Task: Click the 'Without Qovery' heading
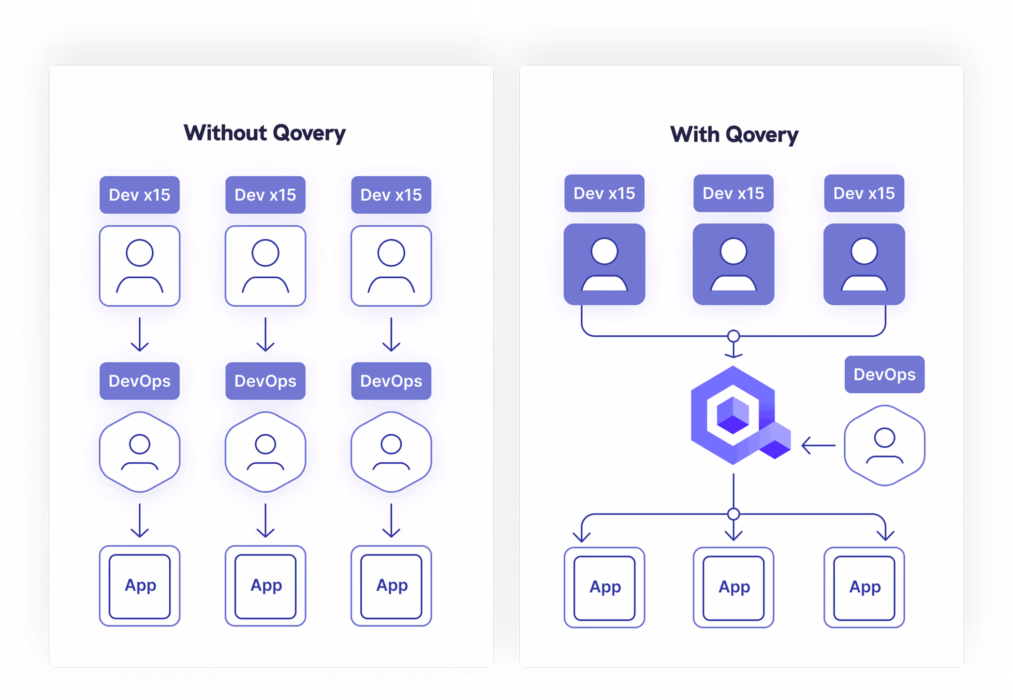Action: pos(264,133)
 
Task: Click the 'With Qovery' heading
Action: pos(734,135)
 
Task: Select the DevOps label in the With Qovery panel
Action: pos(884,374)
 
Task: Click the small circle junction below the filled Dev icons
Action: pos(733,336)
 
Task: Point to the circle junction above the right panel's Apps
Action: pos(733,514)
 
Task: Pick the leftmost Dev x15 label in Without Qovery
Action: pos(139,195)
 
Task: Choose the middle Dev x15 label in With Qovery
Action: pos(733,193)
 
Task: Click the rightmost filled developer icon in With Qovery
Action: pos(864,264)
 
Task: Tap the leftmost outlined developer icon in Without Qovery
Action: pos(139,266)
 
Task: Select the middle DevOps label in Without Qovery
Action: pos(265,381)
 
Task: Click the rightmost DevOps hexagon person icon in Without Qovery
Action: pos(391,452)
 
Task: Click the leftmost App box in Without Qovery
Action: pos(139,586)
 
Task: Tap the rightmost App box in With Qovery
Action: pos(864,587)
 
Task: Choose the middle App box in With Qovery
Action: pos(733,587)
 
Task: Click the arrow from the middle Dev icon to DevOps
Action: pos(265,334)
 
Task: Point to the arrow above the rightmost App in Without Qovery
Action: pos(391,521)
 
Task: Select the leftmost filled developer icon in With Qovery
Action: pos(604,264)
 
